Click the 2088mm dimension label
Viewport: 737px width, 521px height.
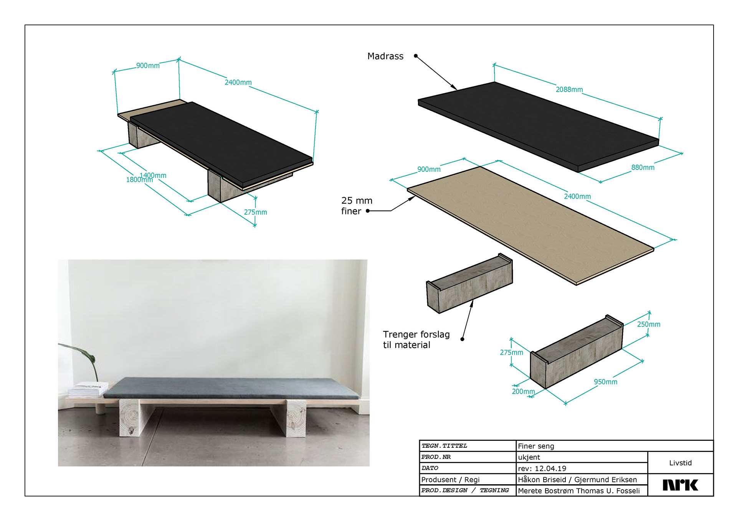569,89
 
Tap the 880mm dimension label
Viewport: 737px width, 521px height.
643,167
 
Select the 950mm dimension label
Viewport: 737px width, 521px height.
605,382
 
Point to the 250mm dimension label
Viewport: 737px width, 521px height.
649,324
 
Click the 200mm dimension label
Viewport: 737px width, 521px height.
523,391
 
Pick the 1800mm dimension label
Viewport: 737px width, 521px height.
139,180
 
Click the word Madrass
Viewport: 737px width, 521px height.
385,56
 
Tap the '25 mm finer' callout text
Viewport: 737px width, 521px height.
357,206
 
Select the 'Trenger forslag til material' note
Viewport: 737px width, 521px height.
416,340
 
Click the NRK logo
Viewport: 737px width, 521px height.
680,485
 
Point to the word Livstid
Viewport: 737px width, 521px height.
680,463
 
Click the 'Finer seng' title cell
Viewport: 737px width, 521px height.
536,446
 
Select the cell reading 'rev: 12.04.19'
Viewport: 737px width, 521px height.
542,468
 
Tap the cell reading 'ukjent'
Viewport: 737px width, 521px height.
529,457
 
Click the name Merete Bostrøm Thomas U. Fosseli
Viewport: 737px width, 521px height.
578,491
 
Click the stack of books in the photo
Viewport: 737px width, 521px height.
88,390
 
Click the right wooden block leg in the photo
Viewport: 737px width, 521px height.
296,418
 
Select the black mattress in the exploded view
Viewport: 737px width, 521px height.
538,127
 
